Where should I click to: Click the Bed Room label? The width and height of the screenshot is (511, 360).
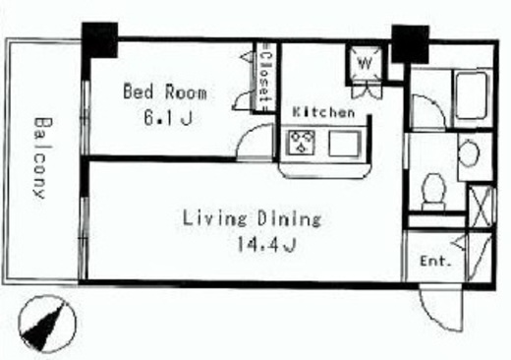[165, 91]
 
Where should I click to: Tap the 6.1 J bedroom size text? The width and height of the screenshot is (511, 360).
[168, 117]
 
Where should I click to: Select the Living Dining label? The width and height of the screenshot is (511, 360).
[252, 218]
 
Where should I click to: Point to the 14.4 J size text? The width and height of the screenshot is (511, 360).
[266, 244]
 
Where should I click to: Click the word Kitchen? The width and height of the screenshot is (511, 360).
[323, 112]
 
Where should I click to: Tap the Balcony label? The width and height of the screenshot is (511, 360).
[43, 158]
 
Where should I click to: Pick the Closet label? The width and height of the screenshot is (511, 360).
[264, 78]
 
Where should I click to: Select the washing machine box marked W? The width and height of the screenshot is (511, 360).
[366, 64]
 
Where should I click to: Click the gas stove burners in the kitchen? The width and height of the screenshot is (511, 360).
[301, 143]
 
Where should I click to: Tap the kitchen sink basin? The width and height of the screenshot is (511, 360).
[345, 144]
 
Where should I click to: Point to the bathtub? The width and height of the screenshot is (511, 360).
[471, 96]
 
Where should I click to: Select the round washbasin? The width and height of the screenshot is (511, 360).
[469, 152]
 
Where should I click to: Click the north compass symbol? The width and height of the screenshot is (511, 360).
[47, 324]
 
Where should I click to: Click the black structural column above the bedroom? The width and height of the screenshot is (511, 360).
[99, 40]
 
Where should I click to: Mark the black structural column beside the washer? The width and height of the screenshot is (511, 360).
[411, 44]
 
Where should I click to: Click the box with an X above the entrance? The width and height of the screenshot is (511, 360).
[481, 207]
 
